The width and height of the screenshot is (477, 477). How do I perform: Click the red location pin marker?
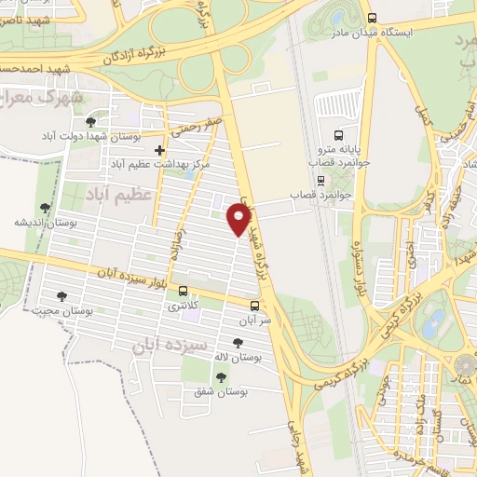click(240, 219)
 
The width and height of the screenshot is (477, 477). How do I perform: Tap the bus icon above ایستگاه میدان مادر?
click(372, 18)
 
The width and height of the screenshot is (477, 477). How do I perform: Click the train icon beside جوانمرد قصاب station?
click(320, 182)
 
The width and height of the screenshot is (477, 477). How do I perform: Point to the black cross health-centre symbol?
click(160, 150)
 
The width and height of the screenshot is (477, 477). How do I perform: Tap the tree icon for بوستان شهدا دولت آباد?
click(90, 122)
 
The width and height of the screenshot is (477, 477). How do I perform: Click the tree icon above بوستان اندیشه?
click(45, 209)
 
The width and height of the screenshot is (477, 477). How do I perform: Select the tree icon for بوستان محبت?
click(61, 296)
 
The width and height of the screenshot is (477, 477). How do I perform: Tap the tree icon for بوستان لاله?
click(234, 343)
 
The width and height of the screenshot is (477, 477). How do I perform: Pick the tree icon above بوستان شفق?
click(222, 377)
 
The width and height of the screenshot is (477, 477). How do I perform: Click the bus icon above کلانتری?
click(183, 291)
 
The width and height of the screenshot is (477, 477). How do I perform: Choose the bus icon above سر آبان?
click(254, 305)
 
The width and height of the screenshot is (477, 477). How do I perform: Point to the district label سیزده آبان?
click(146, 346)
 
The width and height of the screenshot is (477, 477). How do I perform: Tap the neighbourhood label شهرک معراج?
click(43, 96)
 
